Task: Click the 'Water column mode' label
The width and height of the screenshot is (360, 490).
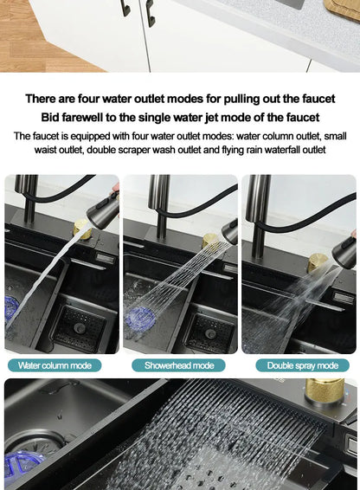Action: pos(55,365)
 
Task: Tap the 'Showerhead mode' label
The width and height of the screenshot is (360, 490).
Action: pos(179,365)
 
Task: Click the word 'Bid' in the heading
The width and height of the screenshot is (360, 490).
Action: pos(51,117)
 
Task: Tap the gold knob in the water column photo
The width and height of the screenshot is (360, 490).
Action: pos(83,229)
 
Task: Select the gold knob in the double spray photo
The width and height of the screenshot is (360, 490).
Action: pos(318,261)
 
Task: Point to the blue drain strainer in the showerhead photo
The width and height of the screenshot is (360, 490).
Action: pos(140,319)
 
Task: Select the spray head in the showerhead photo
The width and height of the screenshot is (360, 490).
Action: pos(229,231)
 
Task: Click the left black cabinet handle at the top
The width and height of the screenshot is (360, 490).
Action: pos(125,8)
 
